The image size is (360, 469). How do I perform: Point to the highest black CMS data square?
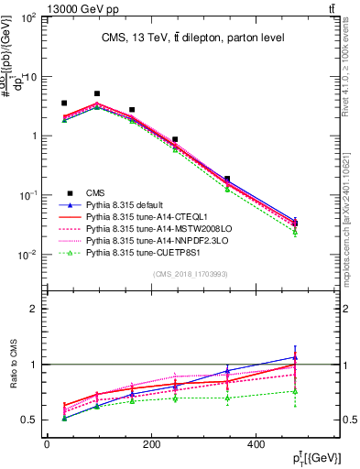click(x=97, y=93)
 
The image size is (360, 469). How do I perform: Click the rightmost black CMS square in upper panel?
click(x=294, y=223)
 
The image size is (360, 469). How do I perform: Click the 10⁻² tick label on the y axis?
click(x=27, y=255)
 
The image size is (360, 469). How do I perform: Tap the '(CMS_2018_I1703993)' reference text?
click(x=191, y=274)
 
